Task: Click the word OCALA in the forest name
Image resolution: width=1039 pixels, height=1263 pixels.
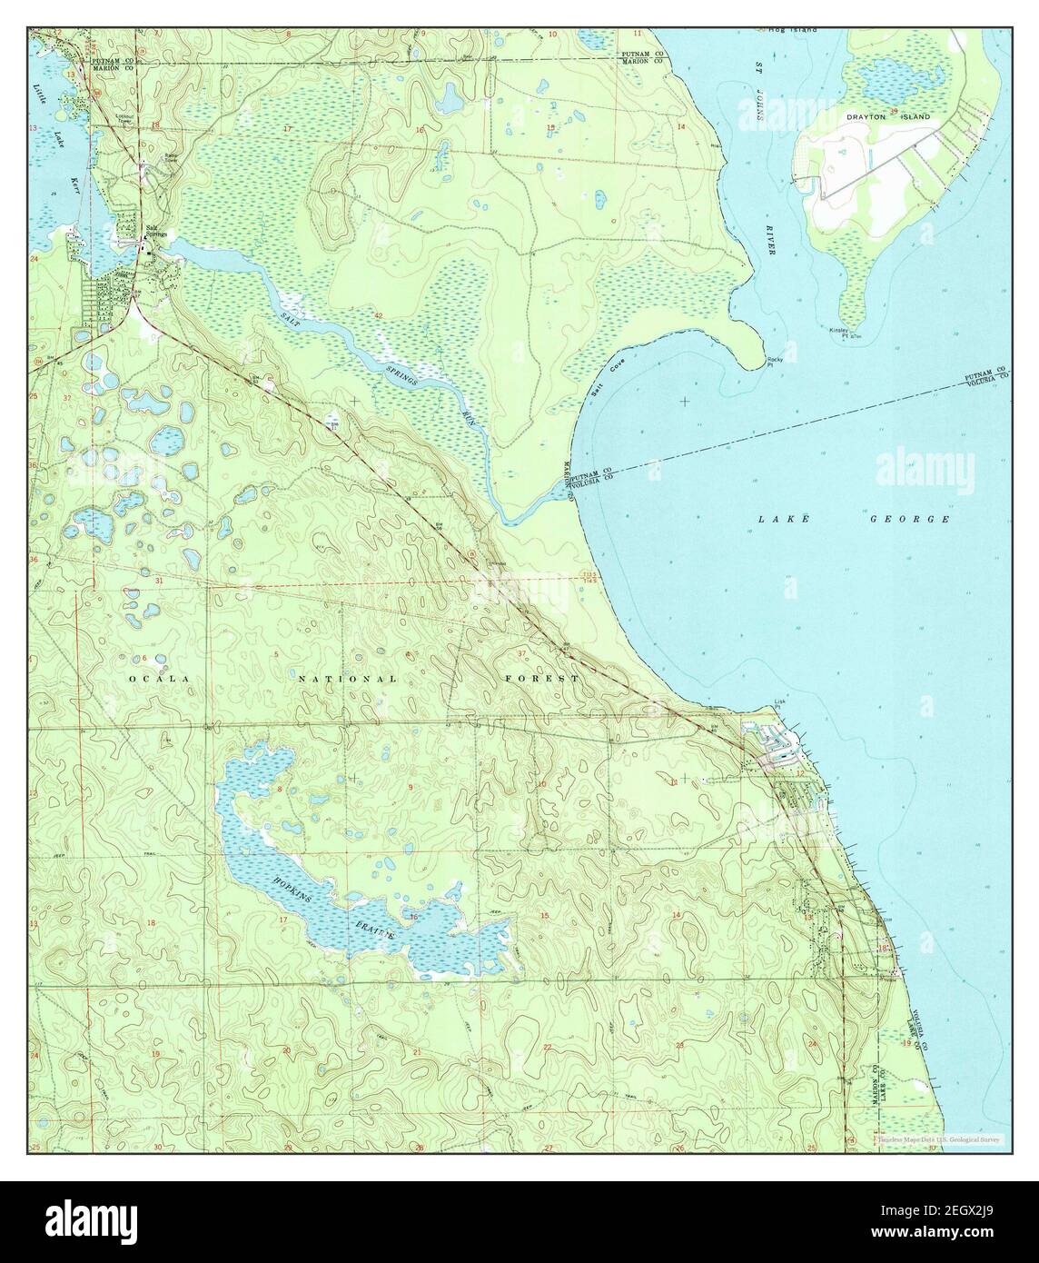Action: (158, 679)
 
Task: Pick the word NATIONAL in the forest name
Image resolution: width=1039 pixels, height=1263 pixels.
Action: (349, 679)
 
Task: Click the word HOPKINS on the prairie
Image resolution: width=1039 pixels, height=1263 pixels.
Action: (289, 891)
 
